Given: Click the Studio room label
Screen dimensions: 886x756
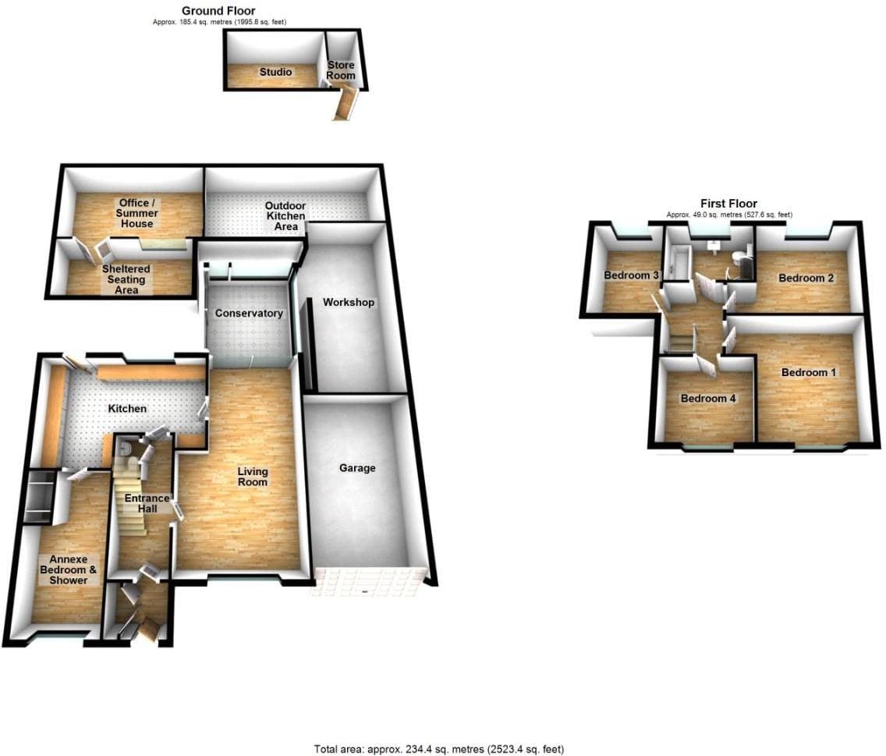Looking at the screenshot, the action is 276,72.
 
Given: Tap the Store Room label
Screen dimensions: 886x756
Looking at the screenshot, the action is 341,70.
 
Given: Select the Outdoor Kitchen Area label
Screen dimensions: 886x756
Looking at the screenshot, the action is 286,216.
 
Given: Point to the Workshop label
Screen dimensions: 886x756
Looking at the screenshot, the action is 349,302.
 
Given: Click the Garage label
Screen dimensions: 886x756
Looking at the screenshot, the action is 357,467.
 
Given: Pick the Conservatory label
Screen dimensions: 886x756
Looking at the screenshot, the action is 249,313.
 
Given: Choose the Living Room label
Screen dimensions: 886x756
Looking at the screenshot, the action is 253,476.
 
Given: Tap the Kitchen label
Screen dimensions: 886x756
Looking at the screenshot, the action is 127,408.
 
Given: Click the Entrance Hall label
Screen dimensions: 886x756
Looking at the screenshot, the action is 147,503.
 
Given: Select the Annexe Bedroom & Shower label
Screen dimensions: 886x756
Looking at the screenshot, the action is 69,570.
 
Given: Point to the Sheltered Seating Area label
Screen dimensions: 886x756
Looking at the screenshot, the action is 126,279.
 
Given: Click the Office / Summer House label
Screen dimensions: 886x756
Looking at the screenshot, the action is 136,213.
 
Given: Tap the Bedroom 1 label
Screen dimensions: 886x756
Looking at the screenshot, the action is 809,372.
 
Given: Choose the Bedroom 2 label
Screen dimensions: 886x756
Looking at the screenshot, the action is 806,278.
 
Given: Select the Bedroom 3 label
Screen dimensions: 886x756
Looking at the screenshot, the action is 631,275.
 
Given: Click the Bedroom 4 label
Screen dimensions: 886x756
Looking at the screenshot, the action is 708,398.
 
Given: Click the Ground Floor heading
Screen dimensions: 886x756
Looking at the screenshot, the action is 218,10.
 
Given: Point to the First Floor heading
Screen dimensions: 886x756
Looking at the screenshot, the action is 729,203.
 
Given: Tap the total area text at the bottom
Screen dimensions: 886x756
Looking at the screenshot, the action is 439,749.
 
